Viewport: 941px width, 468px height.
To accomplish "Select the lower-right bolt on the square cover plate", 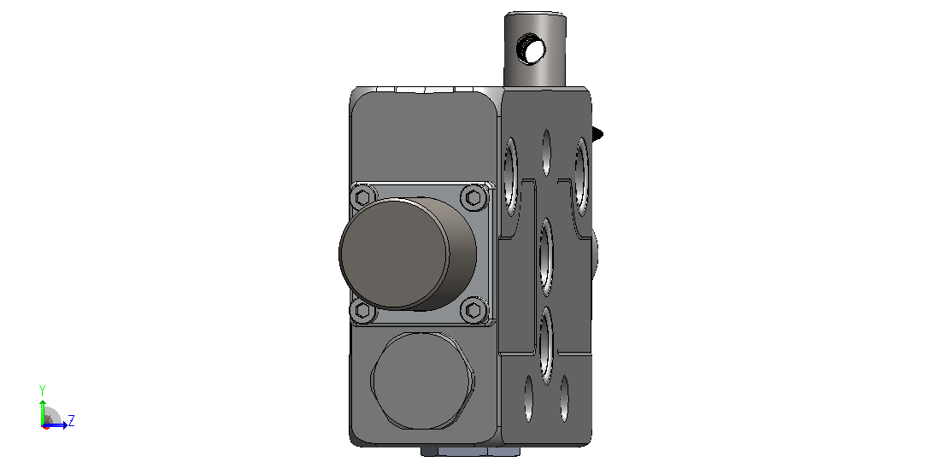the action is (473, 310).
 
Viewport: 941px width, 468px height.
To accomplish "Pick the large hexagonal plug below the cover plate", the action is (422, 380).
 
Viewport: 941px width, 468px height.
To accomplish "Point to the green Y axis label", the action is (42, 390).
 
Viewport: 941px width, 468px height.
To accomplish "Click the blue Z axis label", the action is (71, 420).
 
